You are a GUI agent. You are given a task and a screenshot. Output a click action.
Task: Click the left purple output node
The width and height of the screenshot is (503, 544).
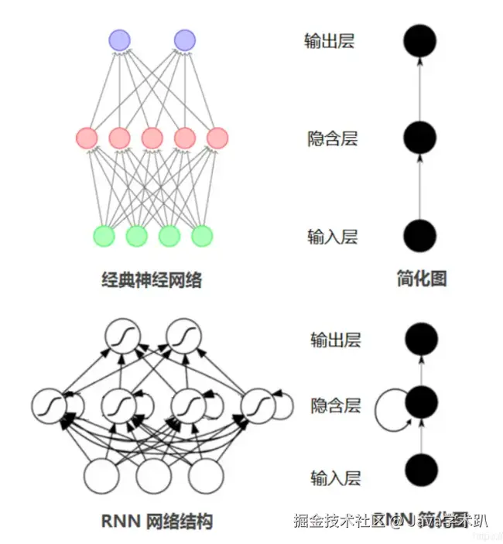click(119, 39)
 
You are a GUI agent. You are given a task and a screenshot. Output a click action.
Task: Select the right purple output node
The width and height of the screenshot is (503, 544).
click(184, 39)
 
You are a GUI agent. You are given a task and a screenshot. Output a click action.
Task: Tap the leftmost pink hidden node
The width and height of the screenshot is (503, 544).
click(87, 139)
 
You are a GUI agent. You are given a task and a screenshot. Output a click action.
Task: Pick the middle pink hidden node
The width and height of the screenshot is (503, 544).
click(152, 139)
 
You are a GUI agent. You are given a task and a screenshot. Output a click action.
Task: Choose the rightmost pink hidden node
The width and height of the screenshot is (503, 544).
click(217, 139)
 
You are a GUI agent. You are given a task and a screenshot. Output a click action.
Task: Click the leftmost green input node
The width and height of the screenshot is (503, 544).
click(104, 235)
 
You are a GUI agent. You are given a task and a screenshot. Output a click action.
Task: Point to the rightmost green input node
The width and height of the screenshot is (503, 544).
click(201, 235)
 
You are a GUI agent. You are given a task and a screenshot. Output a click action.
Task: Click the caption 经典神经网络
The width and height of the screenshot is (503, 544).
click(152, 279)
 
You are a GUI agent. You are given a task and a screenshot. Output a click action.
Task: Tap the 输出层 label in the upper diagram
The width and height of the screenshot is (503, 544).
click(329, 41)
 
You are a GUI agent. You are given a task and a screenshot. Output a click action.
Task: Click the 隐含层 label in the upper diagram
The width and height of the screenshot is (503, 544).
click(332, 139)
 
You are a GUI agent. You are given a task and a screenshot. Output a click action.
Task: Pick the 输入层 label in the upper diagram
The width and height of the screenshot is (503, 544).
click(332, 237)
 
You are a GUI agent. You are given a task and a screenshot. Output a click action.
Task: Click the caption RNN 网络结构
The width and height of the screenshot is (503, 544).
click(156, 520)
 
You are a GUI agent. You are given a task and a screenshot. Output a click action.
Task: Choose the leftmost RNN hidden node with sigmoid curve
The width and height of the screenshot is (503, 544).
click(49, 405)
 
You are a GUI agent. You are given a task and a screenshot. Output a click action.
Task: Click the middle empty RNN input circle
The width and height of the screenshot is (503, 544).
click(152, 476)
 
